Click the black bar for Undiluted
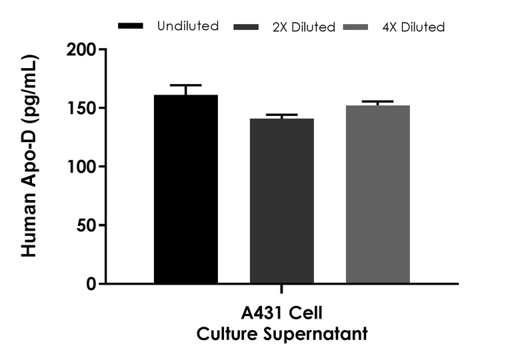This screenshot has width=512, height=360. pos(185,189)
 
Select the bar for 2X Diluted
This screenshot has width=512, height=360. pos(281,201)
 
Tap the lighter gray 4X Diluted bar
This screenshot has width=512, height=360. pos(377,194)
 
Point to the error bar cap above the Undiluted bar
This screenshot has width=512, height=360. pos(185,86)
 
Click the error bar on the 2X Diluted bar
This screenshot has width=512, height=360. pos(281,116)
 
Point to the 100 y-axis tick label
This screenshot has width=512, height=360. pos(81,167)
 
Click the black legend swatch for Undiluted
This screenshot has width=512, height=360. pos(131,26)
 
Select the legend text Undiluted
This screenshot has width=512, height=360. pos(187,26)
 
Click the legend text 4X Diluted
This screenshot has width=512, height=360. pos(413,27)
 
